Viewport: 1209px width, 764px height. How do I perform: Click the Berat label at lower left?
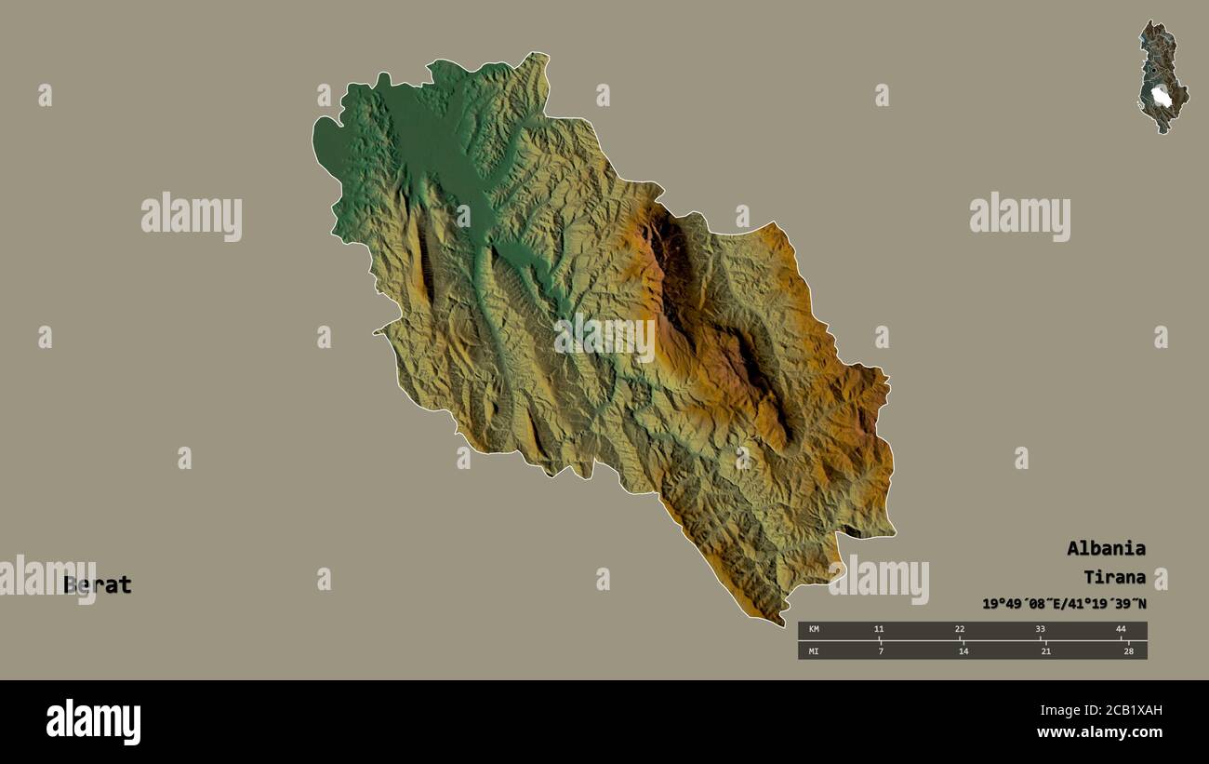[x=98, y=585]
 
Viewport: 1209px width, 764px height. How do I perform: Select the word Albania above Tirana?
[x=1106, y=548]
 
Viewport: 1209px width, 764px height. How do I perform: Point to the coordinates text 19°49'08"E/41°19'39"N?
[x=1064, y=603]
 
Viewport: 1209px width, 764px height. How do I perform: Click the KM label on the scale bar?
[x=814, y=630]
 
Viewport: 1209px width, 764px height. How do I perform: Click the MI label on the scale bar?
[x=814, y=650]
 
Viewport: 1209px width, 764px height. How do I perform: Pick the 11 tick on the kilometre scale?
[x=879, y=630]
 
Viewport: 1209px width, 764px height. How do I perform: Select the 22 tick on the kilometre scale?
[x=960, y=630]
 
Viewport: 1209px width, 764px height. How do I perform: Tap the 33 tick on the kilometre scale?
[x=1041, y=630]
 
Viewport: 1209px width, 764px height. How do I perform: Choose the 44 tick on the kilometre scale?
[x=1121, y=630]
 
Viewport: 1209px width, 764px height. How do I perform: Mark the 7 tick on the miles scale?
[x=881, y=650]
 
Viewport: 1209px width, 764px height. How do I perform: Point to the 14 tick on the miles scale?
[x=963, y=650]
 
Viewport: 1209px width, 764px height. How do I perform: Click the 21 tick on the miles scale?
[x=1045, y=650]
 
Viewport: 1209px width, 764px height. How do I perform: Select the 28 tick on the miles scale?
[x=1128, y=650]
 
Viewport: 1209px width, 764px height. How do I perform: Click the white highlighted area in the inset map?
[x=1161, y=96]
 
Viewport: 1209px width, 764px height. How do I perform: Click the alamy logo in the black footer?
[x=93, y=722]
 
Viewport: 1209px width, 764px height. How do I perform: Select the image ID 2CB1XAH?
[x=1115, y=711]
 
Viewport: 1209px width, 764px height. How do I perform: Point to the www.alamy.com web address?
[x=1100, y=733]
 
